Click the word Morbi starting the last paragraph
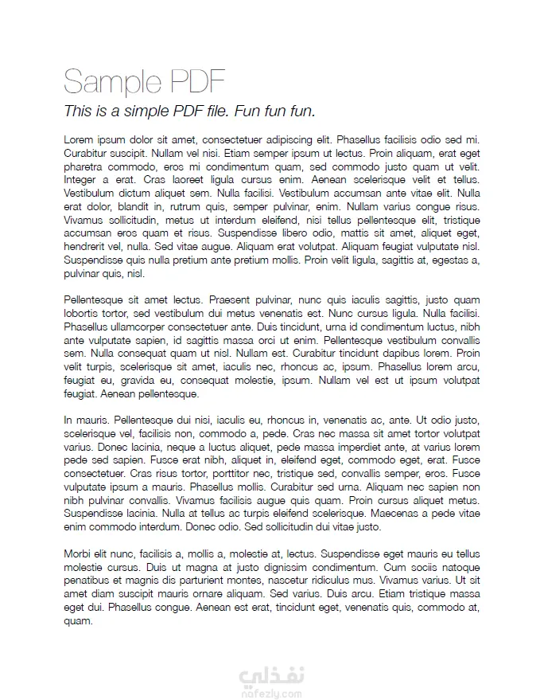77,553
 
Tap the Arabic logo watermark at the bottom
271,676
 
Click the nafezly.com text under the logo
271,694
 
